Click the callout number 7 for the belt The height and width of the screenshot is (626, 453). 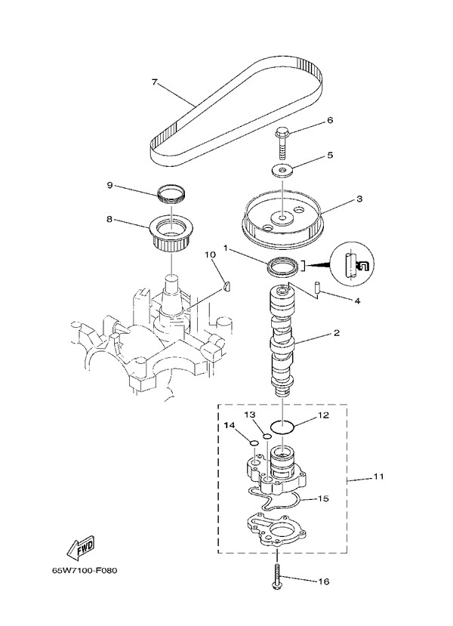coord(155,82)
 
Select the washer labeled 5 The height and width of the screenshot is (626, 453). coord(282,171)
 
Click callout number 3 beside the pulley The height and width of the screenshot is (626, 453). coord(360,199)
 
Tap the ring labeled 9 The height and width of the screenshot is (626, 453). coord(172,195)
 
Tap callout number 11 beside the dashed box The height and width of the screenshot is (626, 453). coord(378,477)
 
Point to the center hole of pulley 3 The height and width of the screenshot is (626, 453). coord(281,219)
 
